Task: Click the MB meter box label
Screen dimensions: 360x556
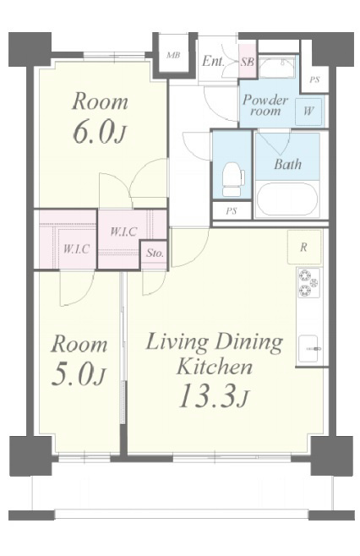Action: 173,55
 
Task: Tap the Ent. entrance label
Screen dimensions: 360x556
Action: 213,61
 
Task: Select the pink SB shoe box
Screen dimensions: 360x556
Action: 248,61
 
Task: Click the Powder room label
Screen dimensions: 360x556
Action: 265,105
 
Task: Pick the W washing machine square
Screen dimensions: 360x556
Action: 308,111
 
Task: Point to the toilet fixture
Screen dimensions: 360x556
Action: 233,179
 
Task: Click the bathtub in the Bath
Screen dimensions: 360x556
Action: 287,199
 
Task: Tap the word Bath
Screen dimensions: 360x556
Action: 287,164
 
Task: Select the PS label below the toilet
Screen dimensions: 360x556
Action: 232,211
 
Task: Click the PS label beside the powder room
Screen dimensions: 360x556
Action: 314,79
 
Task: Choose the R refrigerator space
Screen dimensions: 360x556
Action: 304,247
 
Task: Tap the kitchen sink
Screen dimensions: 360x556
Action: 308,349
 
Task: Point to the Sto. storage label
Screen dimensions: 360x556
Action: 155,253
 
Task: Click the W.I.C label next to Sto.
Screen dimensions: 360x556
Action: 123,232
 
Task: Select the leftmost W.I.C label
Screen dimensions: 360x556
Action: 76,248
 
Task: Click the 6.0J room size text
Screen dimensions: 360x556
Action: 100,132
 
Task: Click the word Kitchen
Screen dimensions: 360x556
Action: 215,367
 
